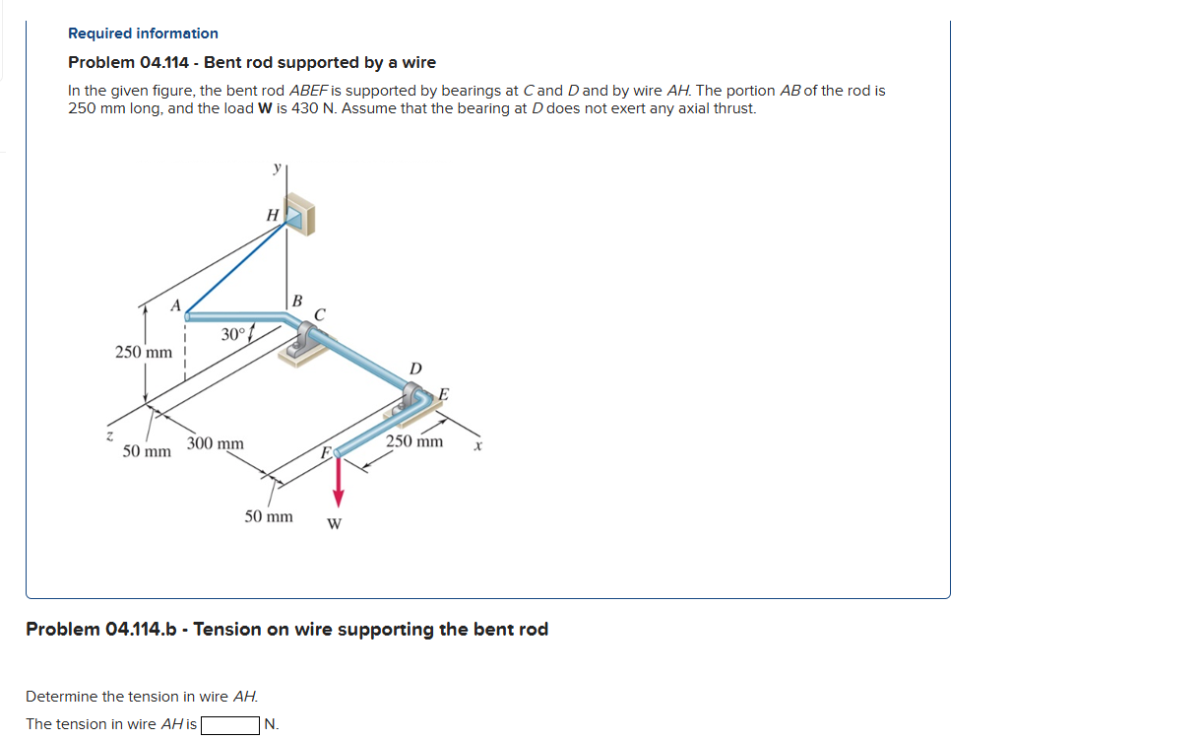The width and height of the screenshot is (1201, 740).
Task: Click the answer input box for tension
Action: tap(230, 725)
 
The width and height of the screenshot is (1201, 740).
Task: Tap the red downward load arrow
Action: tap(338, 482)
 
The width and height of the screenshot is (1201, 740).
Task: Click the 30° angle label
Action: tap(232, 334)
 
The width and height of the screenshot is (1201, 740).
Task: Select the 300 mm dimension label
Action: tap(216, 443)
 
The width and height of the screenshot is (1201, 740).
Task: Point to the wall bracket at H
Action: tap(301, 216)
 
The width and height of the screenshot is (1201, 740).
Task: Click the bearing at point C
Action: tap(306, 345)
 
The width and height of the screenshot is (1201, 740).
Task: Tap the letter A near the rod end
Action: tap(176, 306)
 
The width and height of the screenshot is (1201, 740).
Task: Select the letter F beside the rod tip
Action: tap(324, 453)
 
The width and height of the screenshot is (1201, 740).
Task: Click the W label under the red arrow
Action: tap(335, 523)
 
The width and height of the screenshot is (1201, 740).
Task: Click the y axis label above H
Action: tap(277, 168)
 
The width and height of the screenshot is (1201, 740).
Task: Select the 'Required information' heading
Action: tap(143, 34)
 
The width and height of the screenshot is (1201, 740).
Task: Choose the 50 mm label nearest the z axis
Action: tap(146, 451)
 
